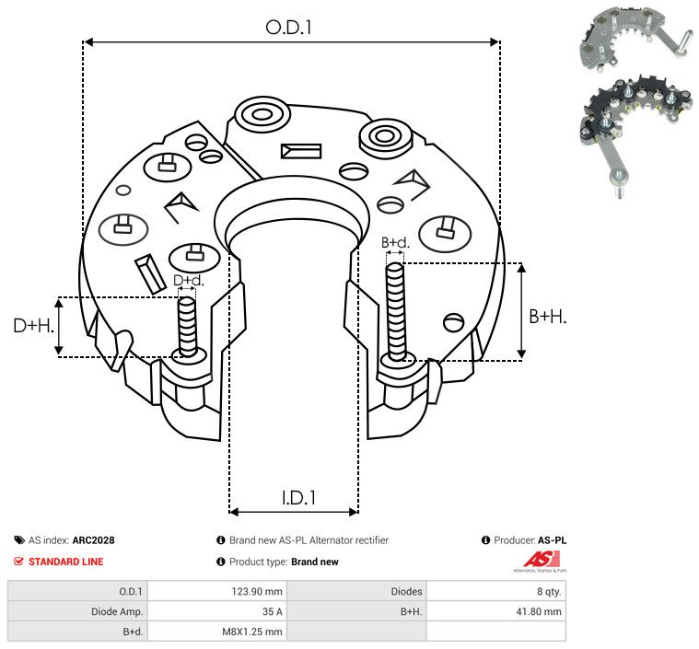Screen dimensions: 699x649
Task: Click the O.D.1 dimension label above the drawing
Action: [288, 28]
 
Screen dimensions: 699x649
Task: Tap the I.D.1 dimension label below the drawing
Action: [298, 498]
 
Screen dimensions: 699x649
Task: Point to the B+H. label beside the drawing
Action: [547, 317]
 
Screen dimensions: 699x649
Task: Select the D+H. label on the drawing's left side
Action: [33, 326]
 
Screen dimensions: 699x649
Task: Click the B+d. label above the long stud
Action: [395, 242]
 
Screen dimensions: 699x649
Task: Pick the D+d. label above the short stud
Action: [188, 281]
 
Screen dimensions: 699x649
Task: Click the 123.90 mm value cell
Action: [257, 592]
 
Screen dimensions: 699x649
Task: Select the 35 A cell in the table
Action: [272, 611]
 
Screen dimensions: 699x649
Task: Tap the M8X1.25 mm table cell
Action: [252, 632]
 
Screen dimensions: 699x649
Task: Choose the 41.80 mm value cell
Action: [539, 611]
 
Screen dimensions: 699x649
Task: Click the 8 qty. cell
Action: [549, 592]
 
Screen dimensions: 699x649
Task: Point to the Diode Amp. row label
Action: [117, 611]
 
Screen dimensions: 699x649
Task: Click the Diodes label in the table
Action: [406, 592]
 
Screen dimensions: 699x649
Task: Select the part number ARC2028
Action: [94, 540]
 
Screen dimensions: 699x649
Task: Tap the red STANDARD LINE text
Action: [66, 562]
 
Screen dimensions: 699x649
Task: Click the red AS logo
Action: [542, 560]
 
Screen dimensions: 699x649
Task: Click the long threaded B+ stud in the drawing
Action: [396, 311]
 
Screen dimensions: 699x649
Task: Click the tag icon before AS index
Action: [19, 540]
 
